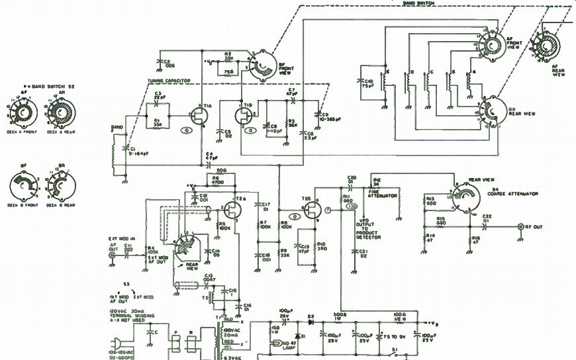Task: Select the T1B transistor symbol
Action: [x=243, y=116]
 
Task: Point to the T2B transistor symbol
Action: [x=310, y=211]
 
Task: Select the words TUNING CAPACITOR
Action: [x=169, y=81]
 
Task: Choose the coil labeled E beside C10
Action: [x=385, y=85]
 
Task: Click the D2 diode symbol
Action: [x=309, y=324]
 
